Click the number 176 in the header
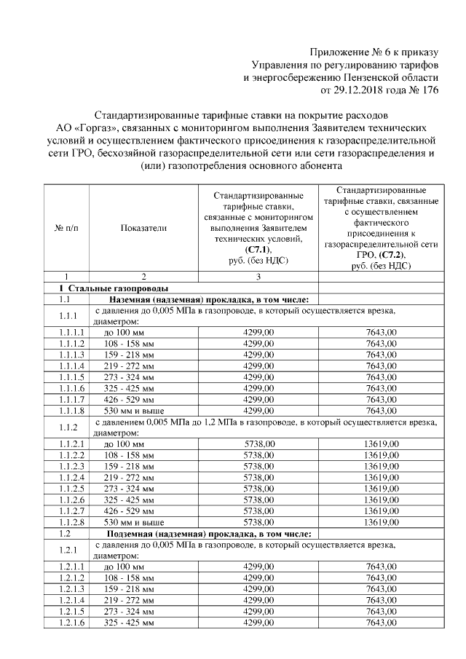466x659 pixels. point(430,91)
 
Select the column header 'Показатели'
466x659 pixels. point(143,228)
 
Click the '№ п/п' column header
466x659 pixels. point(66,228)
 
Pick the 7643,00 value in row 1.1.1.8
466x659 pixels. point(382,410)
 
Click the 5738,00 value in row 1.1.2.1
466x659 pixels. point(258,443)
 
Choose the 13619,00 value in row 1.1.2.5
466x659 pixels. point(382,488)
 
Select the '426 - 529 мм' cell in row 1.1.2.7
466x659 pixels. point(129,510)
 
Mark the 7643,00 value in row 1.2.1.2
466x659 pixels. point(382,578)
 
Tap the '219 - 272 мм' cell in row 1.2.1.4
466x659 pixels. point(129,601)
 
